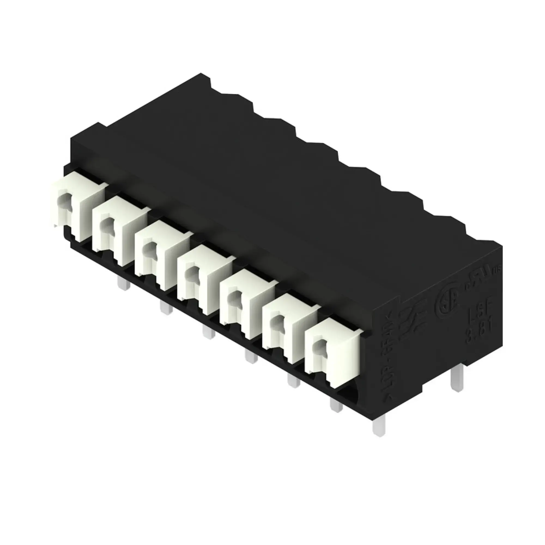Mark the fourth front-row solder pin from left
point(251,356)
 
